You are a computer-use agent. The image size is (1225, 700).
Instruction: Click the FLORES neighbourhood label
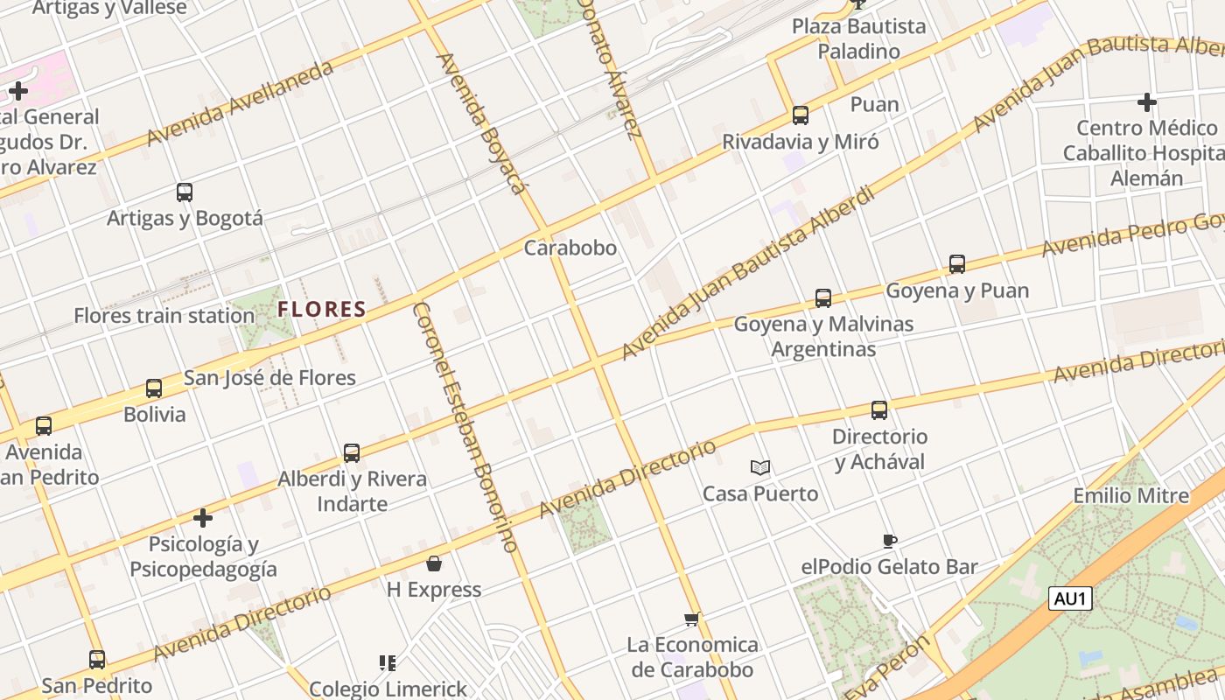tap(322, 309)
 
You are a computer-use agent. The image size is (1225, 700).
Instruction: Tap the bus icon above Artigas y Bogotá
tap(184, 192)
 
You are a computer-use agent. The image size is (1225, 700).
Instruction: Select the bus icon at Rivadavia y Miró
tap(800, 115)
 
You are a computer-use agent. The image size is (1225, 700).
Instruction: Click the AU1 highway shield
tap(1071, 598)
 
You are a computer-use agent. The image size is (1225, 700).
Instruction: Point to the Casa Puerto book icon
tap(760, 468)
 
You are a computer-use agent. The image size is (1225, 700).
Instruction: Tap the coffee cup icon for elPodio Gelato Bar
tap(889, 541)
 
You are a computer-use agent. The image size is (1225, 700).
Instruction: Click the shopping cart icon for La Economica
tap(692, 619)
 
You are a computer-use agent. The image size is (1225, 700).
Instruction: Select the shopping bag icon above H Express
tap(434, 563)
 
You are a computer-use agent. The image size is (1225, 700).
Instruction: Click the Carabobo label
tap(570, 248)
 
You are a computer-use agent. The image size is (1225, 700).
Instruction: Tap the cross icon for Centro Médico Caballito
tap(1146, 102)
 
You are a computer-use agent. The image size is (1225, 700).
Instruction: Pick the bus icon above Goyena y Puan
tap(957, 263)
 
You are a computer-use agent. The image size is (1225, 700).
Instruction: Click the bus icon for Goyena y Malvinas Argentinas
tap(823, 298)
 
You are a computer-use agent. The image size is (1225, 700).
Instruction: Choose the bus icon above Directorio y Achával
tap(879, 410)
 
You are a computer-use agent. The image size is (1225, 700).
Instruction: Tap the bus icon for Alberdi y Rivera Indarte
tap(352, 453)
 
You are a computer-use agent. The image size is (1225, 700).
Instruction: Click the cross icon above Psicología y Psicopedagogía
tap(203, 518)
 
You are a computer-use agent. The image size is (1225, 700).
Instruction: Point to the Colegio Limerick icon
tap(388, 663)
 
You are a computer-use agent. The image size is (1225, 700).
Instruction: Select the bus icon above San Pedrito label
tap(97, 660)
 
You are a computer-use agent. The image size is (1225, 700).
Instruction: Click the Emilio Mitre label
tap(1131, 496)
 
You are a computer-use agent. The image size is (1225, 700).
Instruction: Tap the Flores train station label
tap(164, 316)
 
